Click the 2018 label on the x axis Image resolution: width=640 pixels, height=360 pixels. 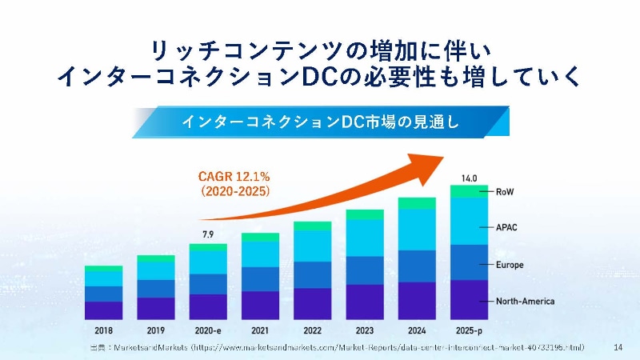(x=103, y=330)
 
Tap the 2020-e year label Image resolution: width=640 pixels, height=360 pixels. (x=208, y=330)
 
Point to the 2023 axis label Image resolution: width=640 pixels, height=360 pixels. (x=364, y=330)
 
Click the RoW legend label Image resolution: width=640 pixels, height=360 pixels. (x=505, y=192)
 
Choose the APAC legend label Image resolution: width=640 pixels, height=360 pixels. (x=507, y=227)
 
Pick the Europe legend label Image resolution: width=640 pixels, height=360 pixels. (x=510, y=265)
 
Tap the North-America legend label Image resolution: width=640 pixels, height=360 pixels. (x=525, y=302)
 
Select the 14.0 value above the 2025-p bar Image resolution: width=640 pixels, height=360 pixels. (x=468, y=178)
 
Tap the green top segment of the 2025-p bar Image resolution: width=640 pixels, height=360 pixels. (x=468, y=191)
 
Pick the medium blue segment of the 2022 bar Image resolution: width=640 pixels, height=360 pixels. (x=312, y=274)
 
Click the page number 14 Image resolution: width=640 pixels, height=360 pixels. (x=618, y=347)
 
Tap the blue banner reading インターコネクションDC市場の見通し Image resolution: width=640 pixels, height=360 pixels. (x=320, y=122)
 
